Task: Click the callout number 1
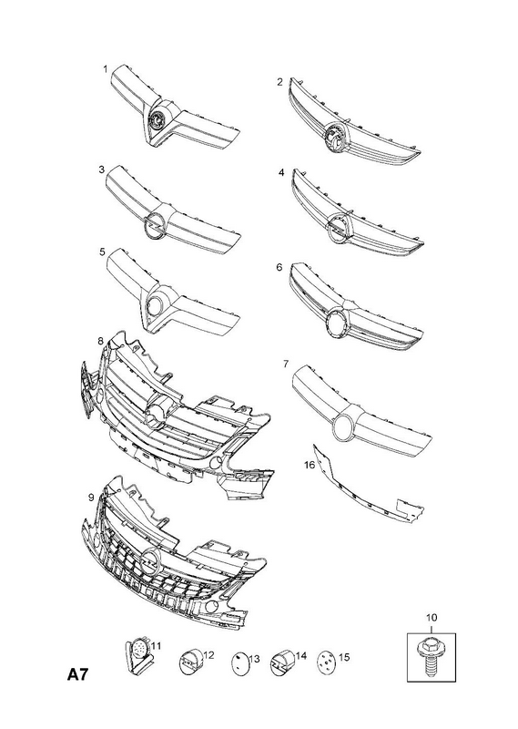pyautogui.click(x=105, y=69)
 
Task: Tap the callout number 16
pyautogui.click(x=310, y=465)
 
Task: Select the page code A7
pyautogui.click(x=77, y=673)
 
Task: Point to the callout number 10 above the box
pyautogui.click(x=432, y=618)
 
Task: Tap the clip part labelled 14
pyautogui.click(x=281, y=662)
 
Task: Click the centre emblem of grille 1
pyautogui.click(x=157, y=120)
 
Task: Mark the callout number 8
pyautogui.click(x=100, y=341)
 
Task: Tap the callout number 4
pyautogui.click(x=281, y=172)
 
